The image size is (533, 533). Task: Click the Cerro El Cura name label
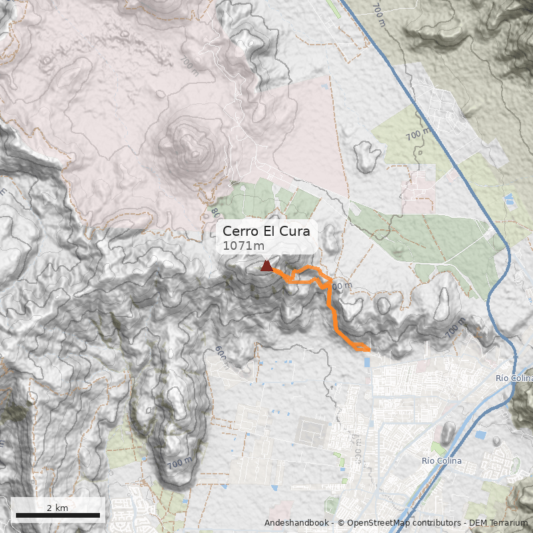click(269, 231)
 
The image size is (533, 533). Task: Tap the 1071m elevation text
click(243, 246)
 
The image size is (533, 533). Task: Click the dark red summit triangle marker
click(266, 266)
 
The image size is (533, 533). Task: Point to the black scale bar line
click(57, 515)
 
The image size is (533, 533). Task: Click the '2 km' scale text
click(57, 508)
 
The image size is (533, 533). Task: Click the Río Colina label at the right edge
click(514, 378)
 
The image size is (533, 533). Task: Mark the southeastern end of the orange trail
click(368, 348)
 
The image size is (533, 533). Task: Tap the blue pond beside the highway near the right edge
click(510, 199)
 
